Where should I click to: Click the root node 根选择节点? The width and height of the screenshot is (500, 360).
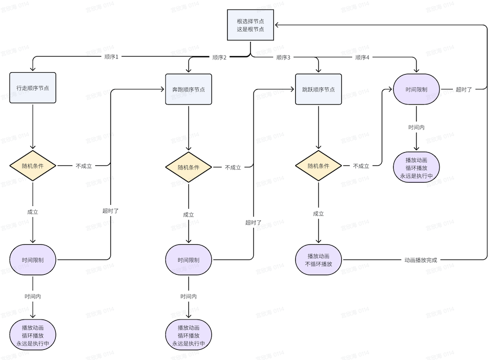250,25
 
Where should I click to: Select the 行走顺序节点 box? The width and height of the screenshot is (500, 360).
33,88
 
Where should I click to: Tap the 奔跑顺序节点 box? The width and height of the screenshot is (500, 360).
188,89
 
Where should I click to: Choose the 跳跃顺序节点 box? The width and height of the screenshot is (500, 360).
318,89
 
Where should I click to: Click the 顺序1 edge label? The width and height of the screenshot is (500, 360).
112,57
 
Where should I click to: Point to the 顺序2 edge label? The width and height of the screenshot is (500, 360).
220,57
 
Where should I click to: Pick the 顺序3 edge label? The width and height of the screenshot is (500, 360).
283,57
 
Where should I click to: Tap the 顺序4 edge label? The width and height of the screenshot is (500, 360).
362,57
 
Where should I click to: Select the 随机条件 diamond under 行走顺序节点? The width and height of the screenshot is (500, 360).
33,166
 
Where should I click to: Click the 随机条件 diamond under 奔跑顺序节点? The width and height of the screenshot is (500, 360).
188,167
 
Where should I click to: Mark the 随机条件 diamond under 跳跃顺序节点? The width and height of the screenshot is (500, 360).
318,166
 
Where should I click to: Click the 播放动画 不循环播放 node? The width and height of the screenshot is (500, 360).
318,260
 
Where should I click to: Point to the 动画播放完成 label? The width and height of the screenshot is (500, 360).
421,260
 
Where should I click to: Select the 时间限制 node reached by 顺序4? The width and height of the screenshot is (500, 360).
417,89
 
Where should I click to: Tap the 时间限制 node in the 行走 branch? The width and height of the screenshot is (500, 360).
33,260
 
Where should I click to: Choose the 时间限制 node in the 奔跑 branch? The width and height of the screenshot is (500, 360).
188,260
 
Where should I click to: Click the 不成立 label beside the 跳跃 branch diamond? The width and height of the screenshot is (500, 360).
361,166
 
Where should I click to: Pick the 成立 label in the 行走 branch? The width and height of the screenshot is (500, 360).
33,212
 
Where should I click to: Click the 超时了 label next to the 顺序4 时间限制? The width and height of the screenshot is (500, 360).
464,89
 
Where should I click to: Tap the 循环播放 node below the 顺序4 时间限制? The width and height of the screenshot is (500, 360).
417,168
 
